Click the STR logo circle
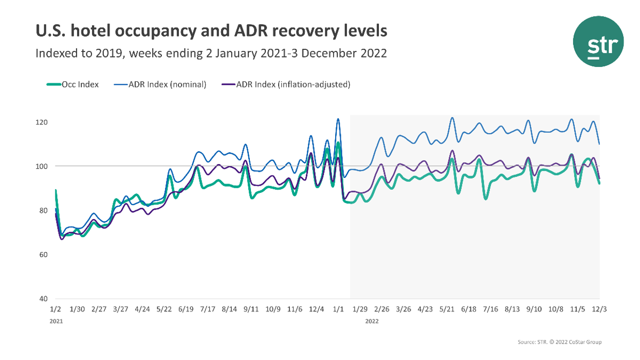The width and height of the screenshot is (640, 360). coord(598,42)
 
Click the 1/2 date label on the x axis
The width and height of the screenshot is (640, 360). coord(56,310)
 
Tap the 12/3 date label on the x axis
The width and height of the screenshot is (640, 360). coord(599,310)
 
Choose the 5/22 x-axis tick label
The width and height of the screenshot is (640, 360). coord(164,310)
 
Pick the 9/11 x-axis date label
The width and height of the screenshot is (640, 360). coord(251,310)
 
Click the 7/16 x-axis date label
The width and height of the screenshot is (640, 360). coord(490,310)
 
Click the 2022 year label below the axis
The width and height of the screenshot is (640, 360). coord(372,321)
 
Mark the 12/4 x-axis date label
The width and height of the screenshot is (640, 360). coord(316,310)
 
